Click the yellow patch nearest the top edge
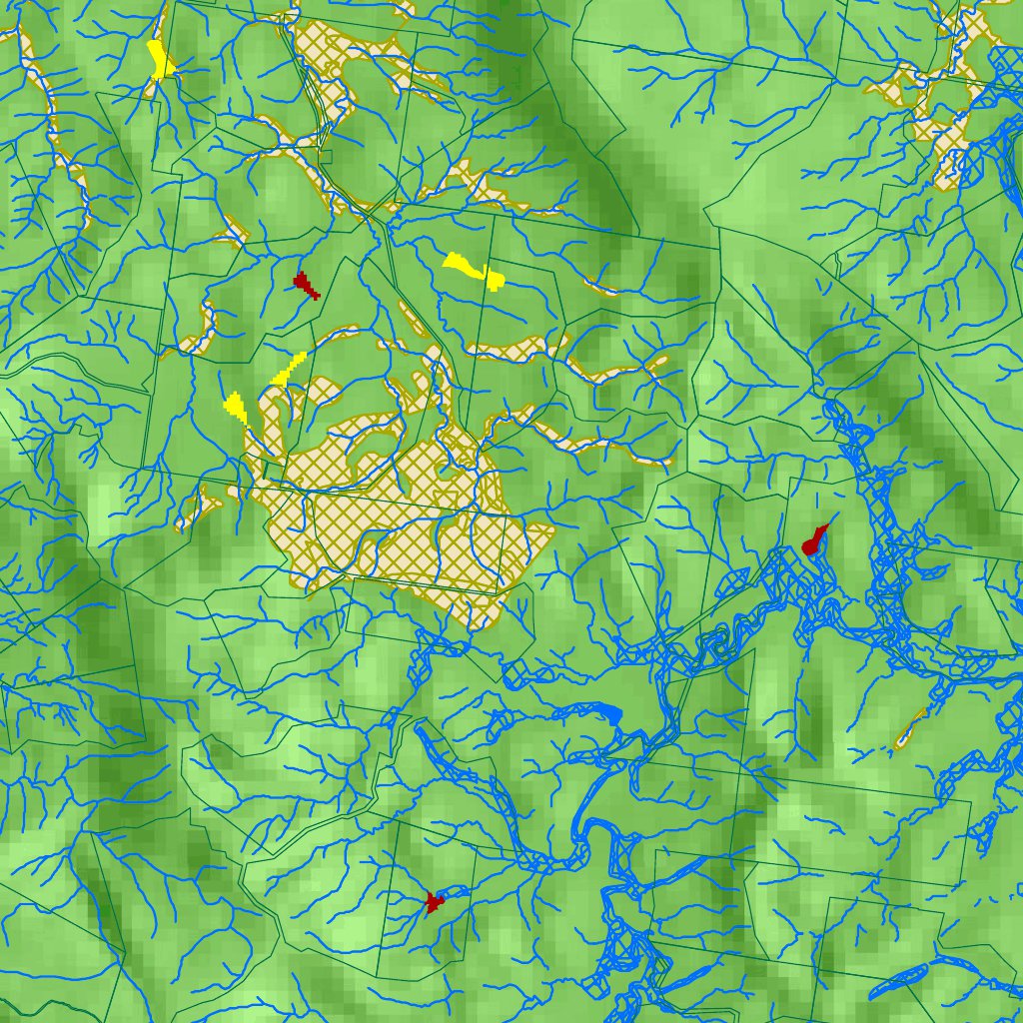tap(160, 60)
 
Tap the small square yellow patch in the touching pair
tap(494, 279)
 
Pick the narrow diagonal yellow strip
tap(287, 370)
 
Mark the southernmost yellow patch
tap(236, 407)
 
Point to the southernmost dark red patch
tap(433, 903)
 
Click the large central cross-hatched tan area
tap(420, 529)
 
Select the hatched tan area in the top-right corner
tap(949, 110)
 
